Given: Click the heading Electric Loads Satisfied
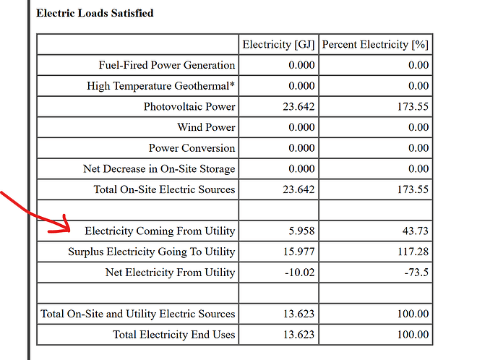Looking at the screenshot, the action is click(x=95, y=13).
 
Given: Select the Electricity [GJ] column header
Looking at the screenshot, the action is click(x=278, y=45).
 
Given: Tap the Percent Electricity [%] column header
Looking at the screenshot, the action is click(x=375, y=45).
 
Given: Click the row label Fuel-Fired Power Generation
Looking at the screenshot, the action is click(x=167, y=65).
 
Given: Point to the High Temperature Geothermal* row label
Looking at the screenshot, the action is click(x=161, y=86).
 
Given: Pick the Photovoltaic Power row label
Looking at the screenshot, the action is click(x=189, y=106).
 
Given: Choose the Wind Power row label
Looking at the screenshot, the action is click(x=206, y=127).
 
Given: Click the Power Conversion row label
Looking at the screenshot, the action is click(x=192, y=148).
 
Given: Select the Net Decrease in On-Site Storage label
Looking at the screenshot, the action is click(x=159, y=168).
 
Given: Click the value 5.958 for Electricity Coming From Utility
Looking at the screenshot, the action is click(x=301, y=231).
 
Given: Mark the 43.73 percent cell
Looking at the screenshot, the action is click(x=416, y=231).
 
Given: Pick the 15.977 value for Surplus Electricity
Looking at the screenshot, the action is click(x=299, y=252).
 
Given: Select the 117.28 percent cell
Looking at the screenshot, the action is click(x=413, y=252).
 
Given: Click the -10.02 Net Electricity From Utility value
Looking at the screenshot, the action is click(x=299, y=273).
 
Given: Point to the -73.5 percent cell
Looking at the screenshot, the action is click(x=416, y=273).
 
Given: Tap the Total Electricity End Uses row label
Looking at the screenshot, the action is click(x=174, y=335).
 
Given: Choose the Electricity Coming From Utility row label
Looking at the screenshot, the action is click(x=160, y=231).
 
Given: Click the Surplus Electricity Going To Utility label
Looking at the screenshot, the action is click(x=152, y=252).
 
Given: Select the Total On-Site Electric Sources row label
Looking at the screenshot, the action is click(x=164, y=189).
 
